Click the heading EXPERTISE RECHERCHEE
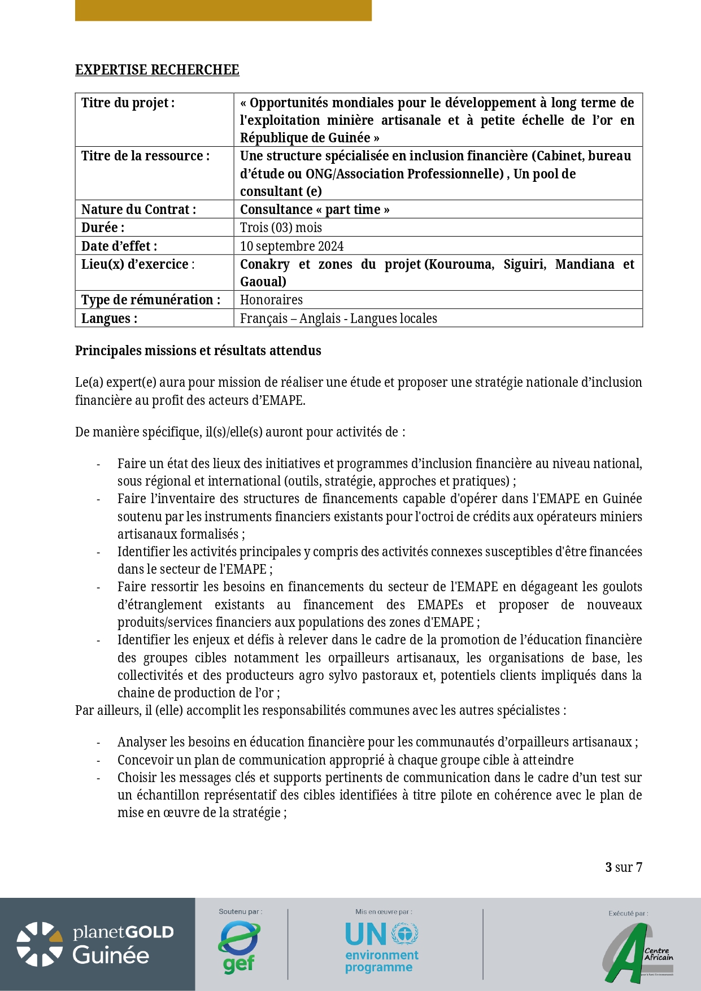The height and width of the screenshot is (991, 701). pyautogui.click(x=157, y=70)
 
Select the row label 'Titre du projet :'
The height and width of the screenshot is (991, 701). pyautogui.click(x=128, y=103)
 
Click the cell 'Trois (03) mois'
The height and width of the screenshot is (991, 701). pyautogui.click(x=281, y=228)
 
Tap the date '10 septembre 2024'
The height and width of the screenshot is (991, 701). pyautogui.click(x=291, y=246)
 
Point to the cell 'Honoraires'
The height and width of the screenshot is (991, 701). pyautogui.click(x=271, y=300)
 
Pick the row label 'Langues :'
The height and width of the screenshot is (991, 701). pyautogui.click(x=109, y=318)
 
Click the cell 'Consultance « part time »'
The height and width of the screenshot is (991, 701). pyautogui.click(x=315, y=209)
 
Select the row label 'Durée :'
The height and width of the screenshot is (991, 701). pyautogui.click(x=103, y=228)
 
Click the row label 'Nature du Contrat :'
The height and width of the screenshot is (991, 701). pyautogui.click(x=138, y=209)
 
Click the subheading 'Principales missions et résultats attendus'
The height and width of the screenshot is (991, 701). pyautogui.click(x=198, y=351)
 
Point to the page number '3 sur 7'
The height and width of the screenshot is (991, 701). pyautogui.click(x=624, y=867)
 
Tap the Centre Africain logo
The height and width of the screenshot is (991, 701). pyautogui.click(x=639, y=954)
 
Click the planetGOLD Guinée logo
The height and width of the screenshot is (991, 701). pyautogui.click(x=95, y=944)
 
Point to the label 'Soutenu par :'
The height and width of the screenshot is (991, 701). pyautogui.click(x=241, y=911)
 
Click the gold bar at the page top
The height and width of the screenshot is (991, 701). pyautogui.click(x=223, y=10)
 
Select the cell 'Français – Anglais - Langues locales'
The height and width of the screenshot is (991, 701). pyautogui.click(x=338, y=318)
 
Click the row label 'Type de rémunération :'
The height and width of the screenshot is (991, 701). pyautogui.click(x=151, y=300)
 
